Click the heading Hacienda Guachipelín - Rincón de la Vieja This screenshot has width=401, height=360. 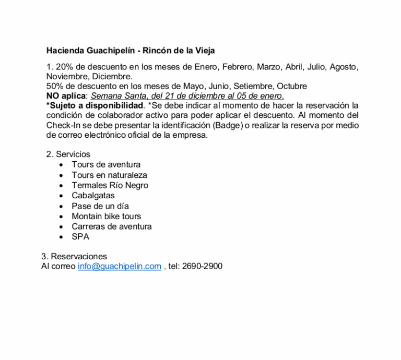(131, 51)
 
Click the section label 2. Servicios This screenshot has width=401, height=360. (68, 154)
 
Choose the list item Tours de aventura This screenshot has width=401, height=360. (106, 165)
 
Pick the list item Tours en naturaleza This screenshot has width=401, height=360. (109, 175)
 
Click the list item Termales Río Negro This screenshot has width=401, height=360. (110, 185)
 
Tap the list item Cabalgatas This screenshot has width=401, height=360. (94, 196)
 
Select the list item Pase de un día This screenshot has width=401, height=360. (100, 206)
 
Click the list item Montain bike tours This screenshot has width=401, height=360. (106, 216)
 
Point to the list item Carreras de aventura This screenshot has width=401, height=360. (112, 226)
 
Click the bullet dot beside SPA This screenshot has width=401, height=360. (62, 237)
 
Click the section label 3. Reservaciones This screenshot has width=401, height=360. (74, 257)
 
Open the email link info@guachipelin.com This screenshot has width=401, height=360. (120, 267)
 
